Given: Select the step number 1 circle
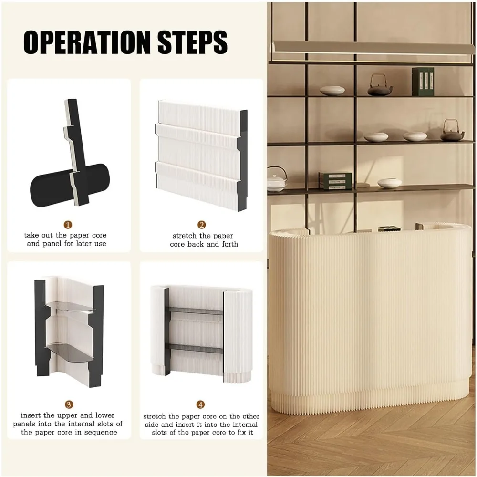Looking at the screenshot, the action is click(x=68, y=225).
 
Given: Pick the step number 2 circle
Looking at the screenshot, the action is click(x=202, y=225).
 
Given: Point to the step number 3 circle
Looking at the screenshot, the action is click(x=69, y=404).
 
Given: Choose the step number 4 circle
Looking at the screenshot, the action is click(x=200, y=404).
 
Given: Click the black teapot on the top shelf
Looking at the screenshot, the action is click(x=380, y=86).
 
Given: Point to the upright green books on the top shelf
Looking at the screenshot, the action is click(x=423, y=82).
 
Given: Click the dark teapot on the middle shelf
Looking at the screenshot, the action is click(x=452, y=132).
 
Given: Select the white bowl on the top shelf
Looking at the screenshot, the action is click(x=332, y=90).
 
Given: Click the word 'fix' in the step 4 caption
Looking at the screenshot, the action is click(x=238, y=432).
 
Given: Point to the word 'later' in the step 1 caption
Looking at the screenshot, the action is click(x=84, y=243).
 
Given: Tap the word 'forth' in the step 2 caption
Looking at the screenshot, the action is click(x=230, y=244).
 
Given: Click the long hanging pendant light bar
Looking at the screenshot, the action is click(x=373, y=47).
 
